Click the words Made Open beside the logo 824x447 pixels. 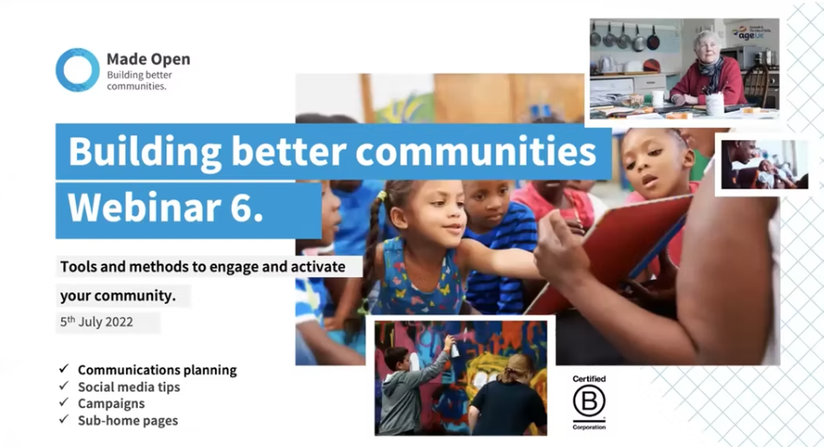(x=148, y=59)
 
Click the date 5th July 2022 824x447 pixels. (x=96, y=322)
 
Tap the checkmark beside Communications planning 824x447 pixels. (x=64, y=369)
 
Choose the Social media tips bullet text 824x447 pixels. (x=129, y=387)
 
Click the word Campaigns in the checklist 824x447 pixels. (x=112, y=404)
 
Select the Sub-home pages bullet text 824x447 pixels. (x=128, y=421)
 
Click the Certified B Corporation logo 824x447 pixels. (x=589, y=402)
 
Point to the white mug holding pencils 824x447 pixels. (x=715, y=103)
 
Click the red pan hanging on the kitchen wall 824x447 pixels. (x=653, y=39)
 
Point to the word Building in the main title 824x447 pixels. (x=145, y=152)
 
